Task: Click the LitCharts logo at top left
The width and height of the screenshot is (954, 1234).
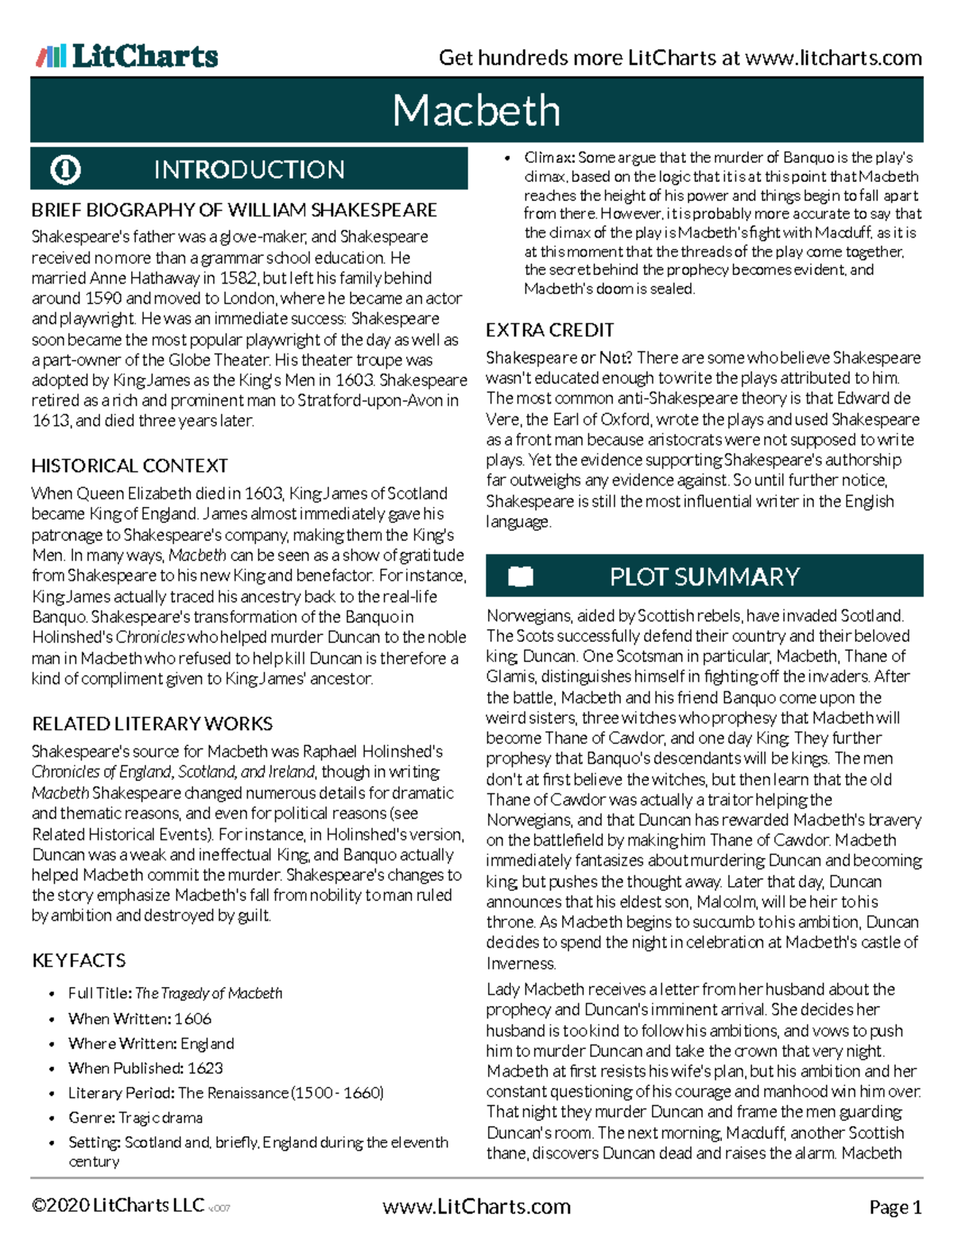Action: coord(127,56)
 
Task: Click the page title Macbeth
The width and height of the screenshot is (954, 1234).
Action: coord(476,110)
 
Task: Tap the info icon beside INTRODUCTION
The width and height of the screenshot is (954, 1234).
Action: coord(65,169)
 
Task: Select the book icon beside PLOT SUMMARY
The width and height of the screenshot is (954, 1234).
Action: coord(521,576)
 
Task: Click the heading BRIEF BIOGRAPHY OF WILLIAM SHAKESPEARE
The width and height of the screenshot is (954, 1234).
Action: coord(234,210)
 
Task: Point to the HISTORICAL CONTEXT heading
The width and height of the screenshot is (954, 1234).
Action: coord(130,466)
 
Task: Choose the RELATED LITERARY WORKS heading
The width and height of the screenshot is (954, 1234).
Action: coord(152,724)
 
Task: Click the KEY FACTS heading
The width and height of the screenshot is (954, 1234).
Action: coord(79,961)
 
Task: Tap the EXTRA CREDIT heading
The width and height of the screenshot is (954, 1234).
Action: coord(549,330)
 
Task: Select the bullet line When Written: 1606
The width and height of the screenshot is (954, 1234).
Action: coord(140,1019)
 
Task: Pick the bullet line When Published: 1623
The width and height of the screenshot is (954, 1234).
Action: coord(145,1068)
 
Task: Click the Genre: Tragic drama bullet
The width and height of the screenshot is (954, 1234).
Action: coord(135,1117)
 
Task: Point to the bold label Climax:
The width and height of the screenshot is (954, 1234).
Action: coord(549,157)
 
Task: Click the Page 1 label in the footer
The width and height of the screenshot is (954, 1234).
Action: coord(895,1207)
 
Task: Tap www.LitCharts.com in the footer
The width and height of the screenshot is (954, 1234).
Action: coord(476,1206)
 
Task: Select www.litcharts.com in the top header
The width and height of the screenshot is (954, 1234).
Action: coord(834,58)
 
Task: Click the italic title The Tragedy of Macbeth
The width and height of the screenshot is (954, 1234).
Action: coord(208,993)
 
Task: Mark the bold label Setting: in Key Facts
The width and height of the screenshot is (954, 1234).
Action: coord(95,1142)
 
